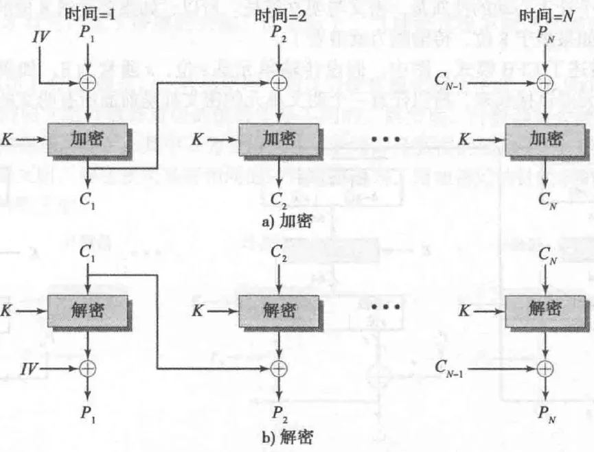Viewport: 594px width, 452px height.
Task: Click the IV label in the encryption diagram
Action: click(x=41, y=36)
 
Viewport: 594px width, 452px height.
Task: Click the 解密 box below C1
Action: click(x=87, y=311)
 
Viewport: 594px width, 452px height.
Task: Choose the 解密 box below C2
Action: click(x=278, y=311)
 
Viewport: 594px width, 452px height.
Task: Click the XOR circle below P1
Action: click(x=88, y=83)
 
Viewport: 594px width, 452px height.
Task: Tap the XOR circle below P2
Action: click(x=278, y=83)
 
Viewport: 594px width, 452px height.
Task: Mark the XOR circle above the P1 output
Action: click(x=88, y=368)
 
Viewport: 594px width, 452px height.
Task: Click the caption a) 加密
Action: click(x=289, y=222)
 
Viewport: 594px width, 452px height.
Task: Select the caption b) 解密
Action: click(x=289, y=436)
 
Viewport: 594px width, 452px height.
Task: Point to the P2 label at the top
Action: click(x=277, y=33)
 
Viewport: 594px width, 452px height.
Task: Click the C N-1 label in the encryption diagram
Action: click(x=453, y=83)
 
